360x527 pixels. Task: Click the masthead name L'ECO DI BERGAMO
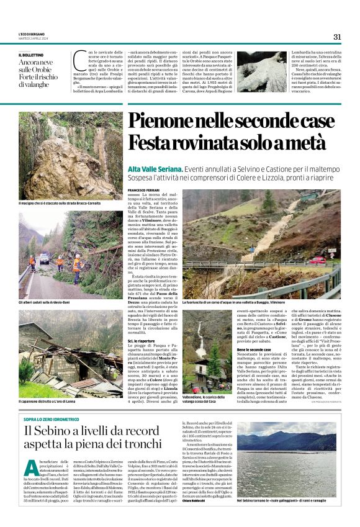pos(31,34)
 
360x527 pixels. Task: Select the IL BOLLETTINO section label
pos(32,55)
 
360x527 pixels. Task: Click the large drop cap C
pos(79,61)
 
